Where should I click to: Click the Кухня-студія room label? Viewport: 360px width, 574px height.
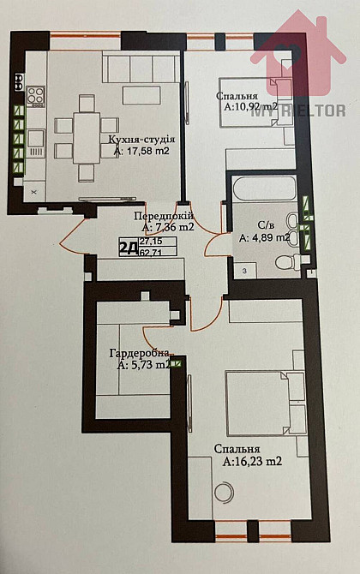click(x=142, y=139)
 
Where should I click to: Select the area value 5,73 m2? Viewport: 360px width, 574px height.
click(x=151, y=365)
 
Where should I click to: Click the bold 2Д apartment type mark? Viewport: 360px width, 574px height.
click(x=128, y=248)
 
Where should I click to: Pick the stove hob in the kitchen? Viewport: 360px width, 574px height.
click(x=34, y=95)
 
